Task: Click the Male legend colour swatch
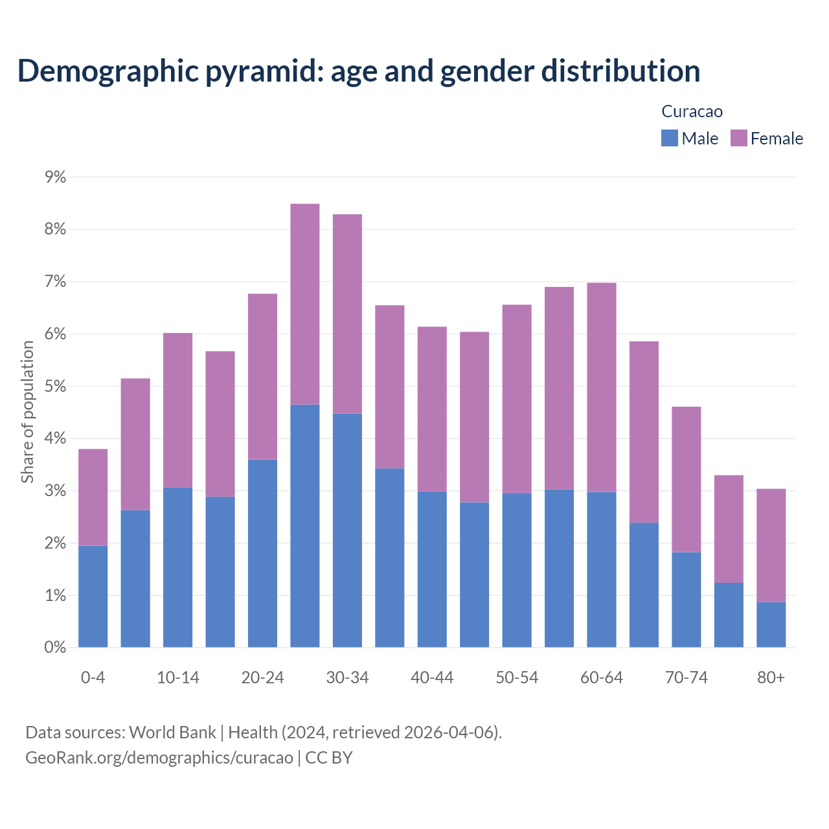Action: pyautogui.click(x=669, y=138)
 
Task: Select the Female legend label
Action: pyautogui.click(x=777, y=139)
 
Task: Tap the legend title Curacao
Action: pyautogui.click(x=692, y=111)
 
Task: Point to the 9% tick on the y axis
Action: pyautogui.click(x=55, y=177)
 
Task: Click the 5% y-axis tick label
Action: pyautogui.click(x=55, y=386)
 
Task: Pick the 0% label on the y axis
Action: pyautogui.click(x=55, y=647)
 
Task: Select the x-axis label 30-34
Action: pyautogui.click(x=347, y=677)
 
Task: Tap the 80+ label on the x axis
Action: pyautogui.click(x=771, y=677)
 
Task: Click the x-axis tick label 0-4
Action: pyautogui.click(x=93, y=677)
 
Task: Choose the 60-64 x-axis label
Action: pyautogui.click(x=601, y=677)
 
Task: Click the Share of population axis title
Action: pyautogui.click(x=27, y=412)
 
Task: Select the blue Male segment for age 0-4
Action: pyautogui.click(x=93, y=596)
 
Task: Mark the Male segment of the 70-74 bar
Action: pyautogui.click(x=686, y=599)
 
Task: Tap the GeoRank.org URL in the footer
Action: pyautogui.click(x=159, y=758)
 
